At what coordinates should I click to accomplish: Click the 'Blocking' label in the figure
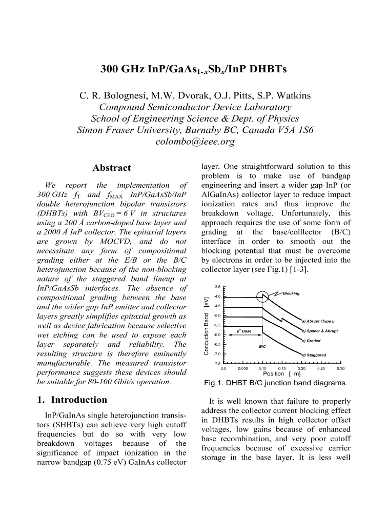(x=291, y=293)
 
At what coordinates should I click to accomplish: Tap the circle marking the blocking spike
(x=262, y=296)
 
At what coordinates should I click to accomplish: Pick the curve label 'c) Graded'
(x=311, y=341)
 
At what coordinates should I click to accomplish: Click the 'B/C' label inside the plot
(x=262, y=347)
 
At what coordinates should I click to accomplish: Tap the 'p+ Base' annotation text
(x=243, y=331)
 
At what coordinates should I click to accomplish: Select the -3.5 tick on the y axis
(x=217, y=287)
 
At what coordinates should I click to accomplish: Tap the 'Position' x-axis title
(x=273, y=373)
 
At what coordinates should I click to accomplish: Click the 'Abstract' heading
(x=111, y=168)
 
